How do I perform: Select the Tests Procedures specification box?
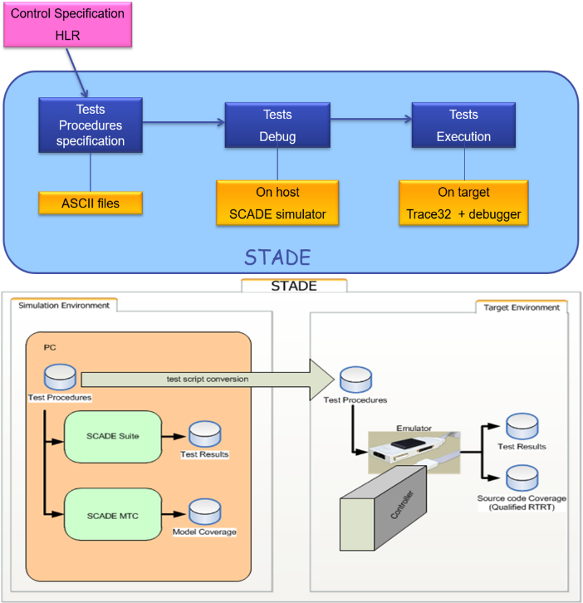[x=91, y=125]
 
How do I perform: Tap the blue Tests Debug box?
[x=277, y=125]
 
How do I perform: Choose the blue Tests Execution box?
[x=463, y=125]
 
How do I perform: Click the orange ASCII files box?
[x=91, y=202]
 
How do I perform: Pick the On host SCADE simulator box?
[x=277, y=203]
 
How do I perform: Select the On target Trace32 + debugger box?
[x=463, y=203]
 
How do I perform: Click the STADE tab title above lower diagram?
[x=294, y=287]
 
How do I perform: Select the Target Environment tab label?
[x=521, y=307]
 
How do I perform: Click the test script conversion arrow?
[x=208, y=380]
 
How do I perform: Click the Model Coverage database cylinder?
[x=204, y=510]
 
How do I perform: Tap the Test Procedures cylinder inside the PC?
[x=60, y=376]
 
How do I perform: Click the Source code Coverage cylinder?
[x=522, y=478]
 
